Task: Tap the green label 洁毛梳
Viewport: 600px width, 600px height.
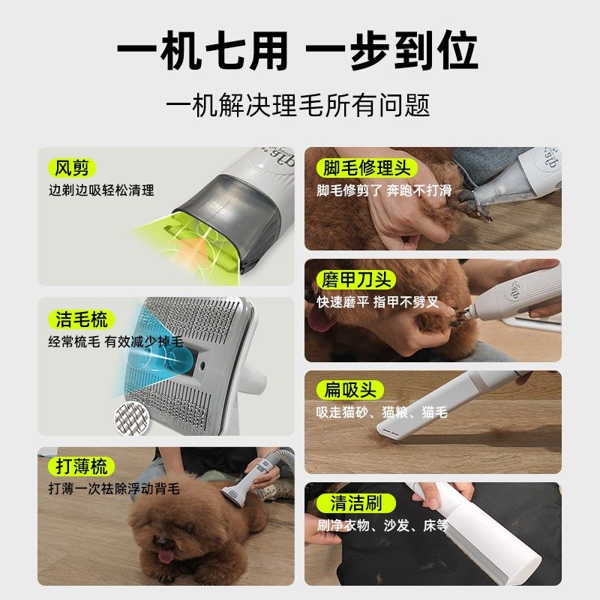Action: point(82,319)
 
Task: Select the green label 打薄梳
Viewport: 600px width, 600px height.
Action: point(82,466)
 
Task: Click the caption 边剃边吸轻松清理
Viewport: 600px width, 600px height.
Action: point(101,190)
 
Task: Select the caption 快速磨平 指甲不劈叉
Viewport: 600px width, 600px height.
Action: point(377,303)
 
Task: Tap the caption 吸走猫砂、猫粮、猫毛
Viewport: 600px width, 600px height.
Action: point(382,412)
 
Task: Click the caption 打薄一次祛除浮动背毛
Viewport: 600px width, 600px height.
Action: point(114,489)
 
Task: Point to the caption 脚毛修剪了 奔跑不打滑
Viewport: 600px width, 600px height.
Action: point(384,190)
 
